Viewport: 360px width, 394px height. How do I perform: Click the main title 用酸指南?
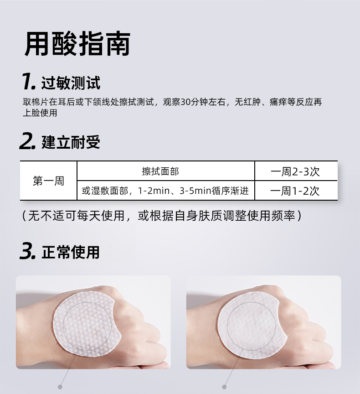click(77, 44)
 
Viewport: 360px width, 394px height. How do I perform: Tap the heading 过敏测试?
click(71, 83)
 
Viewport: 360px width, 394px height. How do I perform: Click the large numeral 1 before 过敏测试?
click(28, 81)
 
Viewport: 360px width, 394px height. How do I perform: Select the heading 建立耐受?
click(71, 142)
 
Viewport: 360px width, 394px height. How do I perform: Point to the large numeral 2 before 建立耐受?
click(27, 141)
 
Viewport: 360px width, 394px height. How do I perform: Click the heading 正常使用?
click(71, 252)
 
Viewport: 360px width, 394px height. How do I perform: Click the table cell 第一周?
click(48, 181)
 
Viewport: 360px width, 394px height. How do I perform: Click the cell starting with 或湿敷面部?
click(166, 191)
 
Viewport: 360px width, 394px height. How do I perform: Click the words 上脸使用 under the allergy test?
click(40, 113)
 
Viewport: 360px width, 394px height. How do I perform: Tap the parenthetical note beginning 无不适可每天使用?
click(162, 216)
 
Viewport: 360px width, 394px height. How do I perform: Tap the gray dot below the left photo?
click(60, 387)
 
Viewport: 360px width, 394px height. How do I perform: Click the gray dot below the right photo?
click(225, 387)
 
